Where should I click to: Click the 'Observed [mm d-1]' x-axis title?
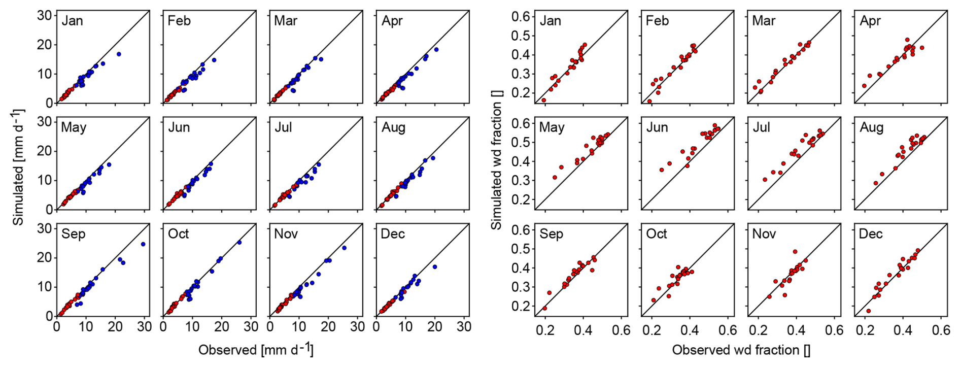click(x=256, y=350)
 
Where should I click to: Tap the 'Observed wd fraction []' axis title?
click(x=741, y=350)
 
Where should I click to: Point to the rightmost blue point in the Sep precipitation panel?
click(x=143, y=244)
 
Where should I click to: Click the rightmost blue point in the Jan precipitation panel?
click(x=119, y=54)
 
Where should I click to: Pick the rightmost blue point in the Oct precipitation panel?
click(x=239, y=243)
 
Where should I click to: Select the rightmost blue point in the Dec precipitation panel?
click(x=435, y=267)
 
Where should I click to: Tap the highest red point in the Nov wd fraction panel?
click(x=795, y=252)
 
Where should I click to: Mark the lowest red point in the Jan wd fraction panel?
click(x=544, y=101)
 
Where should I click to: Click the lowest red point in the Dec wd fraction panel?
click(x=868, y=311)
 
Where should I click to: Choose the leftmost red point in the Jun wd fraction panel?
click(x=662, y=170)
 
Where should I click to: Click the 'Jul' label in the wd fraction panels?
click(x=761, y=127)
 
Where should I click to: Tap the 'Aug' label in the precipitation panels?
click(x=393, y=127)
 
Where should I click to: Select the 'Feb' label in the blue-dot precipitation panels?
click(x=179, y=21)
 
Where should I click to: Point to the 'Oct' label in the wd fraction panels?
click(x=657, y=234)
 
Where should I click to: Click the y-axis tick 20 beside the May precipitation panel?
click(x=45, y=151)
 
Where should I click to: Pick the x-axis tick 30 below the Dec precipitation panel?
click(x=464, y=327)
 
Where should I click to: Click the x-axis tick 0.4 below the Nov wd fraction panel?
click(x=796, y=330)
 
